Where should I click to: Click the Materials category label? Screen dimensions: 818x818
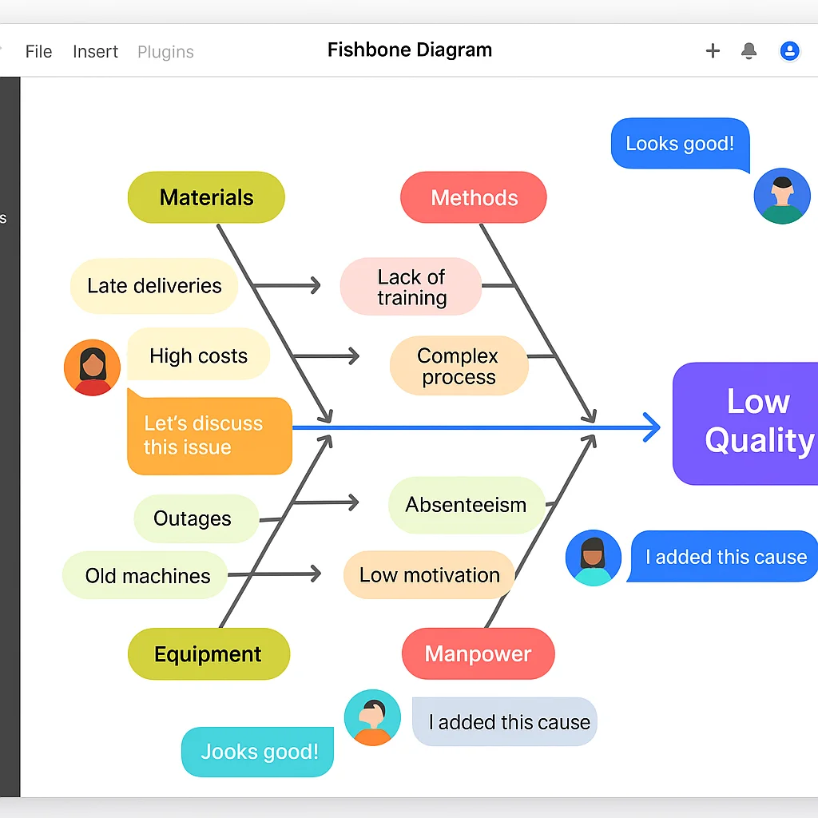206,197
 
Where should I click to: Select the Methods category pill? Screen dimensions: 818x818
474,197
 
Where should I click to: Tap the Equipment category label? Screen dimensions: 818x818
208,654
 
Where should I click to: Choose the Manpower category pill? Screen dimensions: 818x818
478,653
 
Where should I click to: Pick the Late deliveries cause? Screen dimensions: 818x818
154,286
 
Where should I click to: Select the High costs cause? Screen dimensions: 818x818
198,355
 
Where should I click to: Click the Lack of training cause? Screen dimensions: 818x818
411,287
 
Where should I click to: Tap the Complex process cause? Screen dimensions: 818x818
459,366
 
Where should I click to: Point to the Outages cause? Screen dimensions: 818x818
193,518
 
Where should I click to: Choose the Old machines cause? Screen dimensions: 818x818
148,575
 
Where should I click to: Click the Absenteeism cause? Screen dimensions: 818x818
466,505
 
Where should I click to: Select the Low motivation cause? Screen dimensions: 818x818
429,575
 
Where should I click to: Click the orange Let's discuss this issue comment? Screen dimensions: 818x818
209,435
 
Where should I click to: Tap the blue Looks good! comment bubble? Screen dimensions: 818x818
680,144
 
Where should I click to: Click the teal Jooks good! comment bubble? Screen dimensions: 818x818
258,751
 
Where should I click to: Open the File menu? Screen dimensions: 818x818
38,52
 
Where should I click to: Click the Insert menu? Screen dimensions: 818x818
95,52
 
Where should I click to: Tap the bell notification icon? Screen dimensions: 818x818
749,51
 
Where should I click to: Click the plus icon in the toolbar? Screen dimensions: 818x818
713,51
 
